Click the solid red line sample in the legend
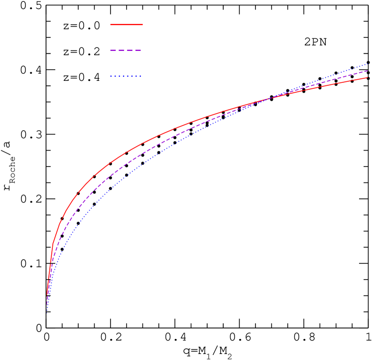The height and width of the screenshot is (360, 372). coord(126,24)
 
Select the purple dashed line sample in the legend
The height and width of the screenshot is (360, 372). coord(126,50)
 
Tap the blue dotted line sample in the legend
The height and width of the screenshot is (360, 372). coord(126,76)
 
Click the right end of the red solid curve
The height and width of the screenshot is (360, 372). coord(368,77)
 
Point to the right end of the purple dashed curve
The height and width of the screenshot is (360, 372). coord(368,71)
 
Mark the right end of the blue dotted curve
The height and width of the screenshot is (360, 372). coord(368,64)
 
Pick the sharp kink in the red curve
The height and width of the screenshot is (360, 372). coord(53,243)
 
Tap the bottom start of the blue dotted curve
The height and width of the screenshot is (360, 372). coord(47,310)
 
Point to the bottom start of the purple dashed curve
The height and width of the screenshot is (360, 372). coord(47,304)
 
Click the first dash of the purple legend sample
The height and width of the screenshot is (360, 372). coord(113,50)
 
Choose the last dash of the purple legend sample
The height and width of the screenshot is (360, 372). coord(138,50)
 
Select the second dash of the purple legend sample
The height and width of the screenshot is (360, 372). coord(122,50)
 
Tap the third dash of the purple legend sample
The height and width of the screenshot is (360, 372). coord(130,50)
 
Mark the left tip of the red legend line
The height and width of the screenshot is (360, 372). coord(111,24)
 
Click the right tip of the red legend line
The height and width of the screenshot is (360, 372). coord(142,24)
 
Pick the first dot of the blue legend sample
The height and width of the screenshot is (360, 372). coord(111,76)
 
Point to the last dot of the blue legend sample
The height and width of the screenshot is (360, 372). coord(140,76)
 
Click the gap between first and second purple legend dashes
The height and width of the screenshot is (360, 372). coord(118,50)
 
